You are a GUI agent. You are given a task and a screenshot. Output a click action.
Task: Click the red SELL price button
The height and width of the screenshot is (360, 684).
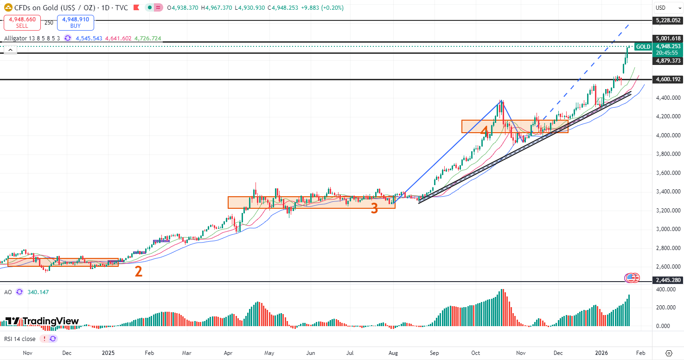(22, 23)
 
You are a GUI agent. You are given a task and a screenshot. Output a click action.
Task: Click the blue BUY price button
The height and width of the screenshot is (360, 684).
(76, 23)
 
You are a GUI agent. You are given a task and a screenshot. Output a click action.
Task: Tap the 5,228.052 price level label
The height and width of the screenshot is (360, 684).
(668, 20)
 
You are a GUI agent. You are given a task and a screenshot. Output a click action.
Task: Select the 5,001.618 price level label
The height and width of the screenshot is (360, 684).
(668, 39)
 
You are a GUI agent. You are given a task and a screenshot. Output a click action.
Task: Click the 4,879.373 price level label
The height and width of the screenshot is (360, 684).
(668, 61)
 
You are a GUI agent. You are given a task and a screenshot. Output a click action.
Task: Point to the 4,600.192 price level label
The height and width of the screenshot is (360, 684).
(668, 79)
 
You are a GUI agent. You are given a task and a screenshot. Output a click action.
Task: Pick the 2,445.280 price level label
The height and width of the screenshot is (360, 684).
(668, 280)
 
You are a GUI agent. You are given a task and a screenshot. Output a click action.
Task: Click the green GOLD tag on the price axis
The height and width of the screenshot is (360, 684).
(643, 47)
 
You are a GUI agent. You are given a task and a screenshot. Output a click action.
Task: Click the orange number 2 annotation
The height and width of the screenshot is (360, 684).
(138, 271)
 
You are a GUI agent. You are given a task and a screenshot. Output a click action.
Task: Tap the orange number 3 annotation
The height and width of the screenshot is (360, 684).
(374, 209)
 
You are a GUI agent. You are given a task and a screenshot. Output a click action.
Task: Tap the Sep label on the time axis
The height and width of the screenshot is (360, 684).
(435, 353)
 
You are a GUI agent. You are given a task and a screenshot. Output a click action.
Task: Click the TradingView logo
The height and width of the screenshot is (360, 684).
(42, 321)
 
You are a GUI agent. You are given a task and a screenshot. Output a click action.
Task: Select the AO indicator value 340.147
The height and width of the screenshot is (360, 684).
(38, 292)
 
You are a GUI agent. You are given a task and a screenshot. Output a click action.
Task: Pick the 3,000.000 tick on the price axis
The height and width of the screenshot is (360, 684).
(668, 229)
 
